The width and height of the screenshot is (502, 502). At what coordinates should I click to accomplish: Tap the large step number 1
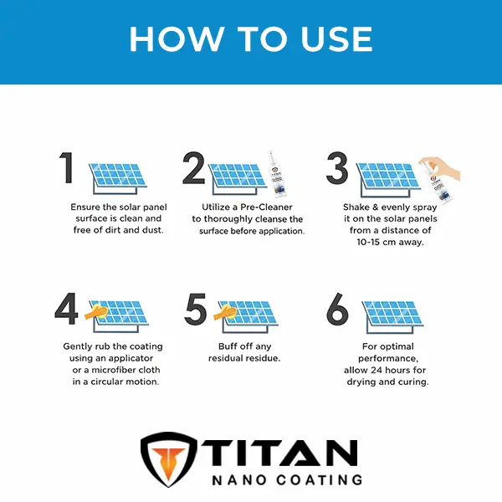[x=67, y=167]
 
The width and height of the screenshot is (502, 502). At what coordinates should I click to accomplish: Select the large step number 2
[x=194, y=168]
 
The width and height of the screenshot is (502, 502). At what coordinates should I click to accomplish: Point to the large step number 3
[x=337, y=168]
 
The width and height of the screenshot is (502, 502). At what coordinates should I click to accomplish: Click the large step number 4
[x=66, y=309]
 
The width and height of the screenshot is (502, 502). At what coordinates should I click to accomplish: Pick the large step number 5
[x=195, y=309]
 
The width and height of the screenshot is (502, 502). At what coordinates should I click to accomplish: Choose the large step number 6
[x=337, y=309]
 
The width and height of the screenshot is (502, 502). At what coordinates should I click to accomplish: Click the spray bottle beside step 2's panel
[x=277, y=175]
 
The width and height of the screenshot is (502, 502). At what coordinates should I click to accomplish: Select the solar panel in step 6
[x=393, y=316]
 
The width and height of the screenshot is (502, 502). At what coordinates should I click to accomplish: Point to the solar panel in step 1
[x=118, y=178]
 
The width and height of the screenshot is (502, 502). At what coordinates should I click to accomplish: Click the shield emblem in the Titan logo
[x=168, y=459]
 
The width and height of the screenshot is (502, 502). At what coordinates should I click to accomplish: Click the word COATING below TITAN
[x=320, y=480]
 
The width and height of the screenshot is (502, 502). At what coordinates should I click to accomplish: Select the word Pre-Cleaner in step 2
[x=266, y=207]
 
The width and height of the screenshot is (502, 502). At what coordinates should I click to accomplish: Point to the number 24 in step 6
[x=376, y=370]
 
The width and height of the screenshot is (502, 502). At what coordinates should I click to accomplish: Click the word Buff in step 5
[x=228, y=346]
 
